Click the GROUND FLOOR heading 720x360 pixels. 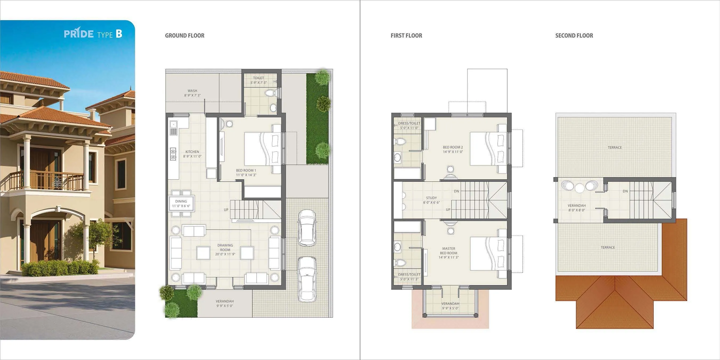(184, 35)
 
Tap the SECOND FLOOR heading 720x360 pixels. (574, 35)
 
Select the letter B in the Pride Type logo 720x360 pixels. (119, 34)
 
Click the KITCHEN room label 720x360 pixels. (192, 152)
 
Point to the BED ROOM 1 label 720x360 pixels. (246, 170)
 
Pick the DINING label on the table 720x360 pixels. (181, 201)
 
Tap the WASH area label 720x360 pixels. (192, 91)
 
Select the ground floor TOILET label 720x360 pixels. (258, 78)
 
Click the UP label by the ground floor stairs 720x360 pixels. (226, 210)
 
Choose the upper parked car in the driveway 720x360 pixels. (307, 228)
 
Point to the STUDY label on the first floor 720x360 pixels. (431, 198)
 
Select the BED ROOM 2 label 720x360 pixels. (453, 147)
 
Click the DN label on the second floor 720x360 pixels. (625, 191)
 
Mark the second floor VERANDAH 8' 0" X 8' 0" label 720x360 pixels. (577, 208)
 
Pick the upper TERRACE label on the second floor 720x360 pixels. (615, 148)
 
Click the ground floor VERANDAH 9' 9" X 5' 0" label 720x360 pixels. (225, 303)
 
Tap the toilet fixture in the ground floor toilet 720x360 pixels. (270, 93)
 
